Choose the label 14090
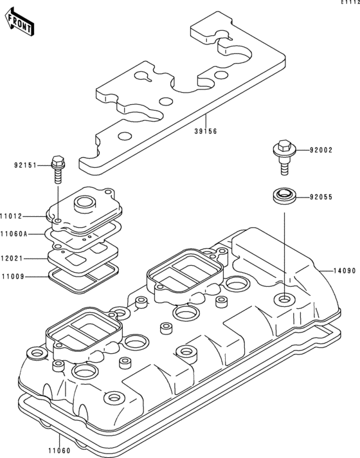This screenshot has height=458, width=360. pyautogui.click(x=344, y=271)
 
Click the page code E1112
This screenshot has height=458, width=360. pyautogui.click(x=350, y=3)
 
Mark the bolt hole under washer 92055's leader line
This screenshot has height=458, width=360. pyautogui.click(x=282, y=299)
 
